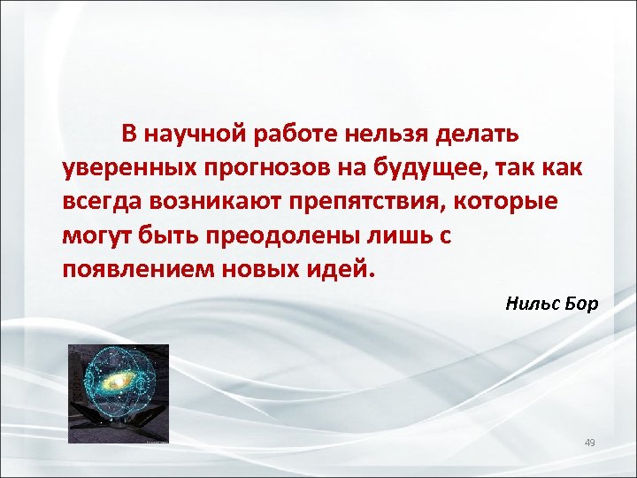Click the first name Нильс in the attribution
pyautogui.click(x=531, y=305)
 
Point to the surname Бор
pyautogui.click(x=580, y=305)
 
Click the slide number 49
pyautogui.click(x=591, y=442)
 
